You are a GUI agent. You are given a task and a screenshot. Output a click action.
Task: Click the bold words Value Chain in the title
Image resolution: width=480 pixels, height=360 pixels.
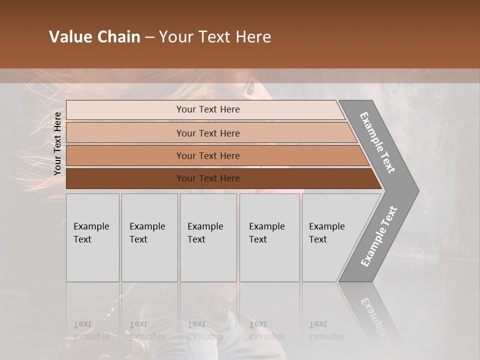tap(94, 37)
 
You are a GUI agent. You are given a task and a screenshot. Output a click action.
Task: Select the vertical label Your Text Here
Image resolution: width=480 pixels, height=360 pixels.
tap(57, 143)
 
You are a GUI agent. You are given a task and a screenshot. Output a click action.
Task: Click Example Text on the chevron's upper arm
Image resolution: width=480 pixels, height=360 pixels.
tap(378, 142)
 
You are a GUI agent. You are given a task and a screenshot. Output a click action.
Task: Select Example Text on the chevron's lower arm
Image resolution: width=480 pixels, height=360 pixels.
tap(379, 236)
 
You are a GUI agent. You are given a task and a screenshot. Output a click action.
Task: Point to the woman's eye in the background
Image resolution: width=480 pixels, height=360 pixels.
tap(249, 89)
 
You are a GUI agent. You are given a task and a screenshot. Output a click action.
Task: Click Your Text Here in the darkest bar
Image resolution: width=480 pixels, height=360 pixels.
tap(208, 178)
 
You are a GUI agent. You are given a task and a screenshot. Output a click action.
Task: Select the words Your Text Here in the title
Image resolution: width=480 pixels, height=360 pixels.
tap(215, 37)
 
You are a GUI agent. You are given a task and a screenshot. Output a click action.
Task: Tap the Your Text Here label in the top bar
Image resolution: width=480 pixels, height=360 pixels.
tap(208, 109)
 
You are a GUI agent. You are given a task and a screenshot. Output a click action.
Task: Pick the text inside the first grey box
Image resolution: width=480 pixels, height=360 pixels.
tap(91, 233)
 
